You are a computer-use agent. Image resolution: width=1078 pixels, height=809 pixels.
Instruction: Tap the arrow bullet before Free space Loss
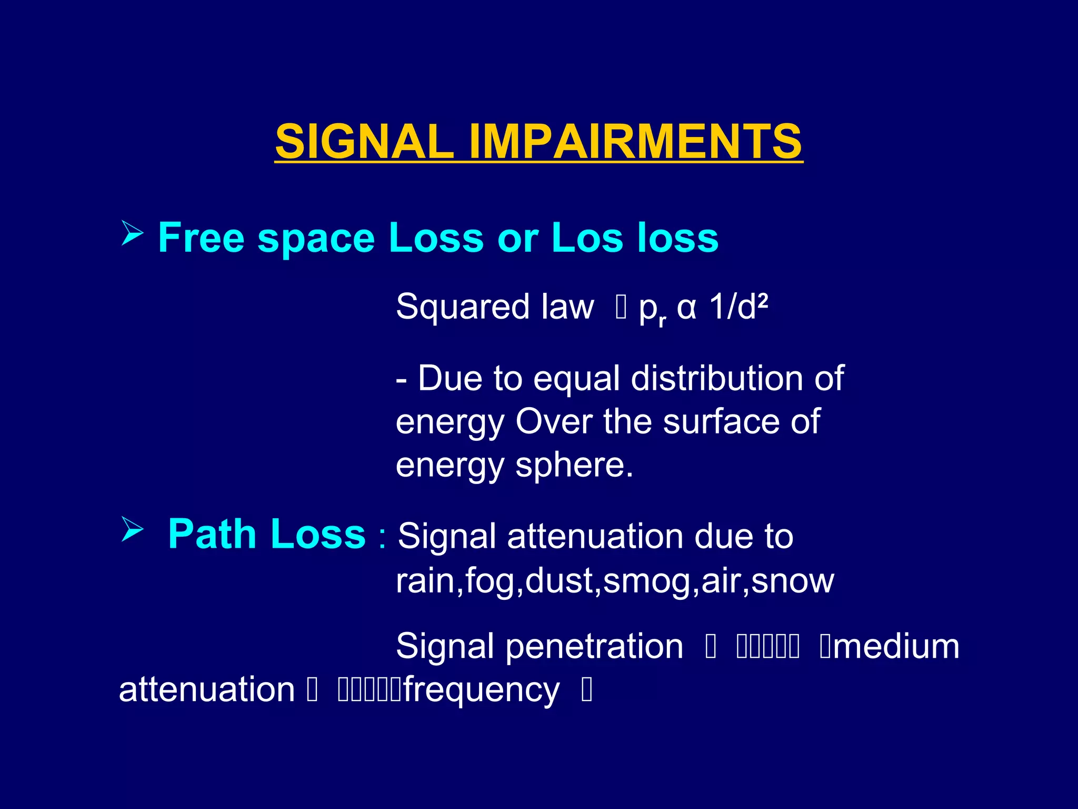coord(132,233)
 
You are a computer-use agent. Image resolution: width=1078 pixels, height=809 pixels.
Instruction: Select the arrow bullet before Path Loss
coord(132,529)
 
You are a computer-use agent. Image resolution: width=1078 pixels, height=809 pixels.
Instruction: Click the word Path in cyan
coord(212,534)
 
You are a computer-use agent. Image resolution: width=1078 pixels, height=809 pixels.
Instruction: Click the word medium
coord(896,646)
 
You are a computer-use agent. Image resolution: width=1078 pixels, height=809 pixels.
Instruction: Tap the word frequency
coord(481,690)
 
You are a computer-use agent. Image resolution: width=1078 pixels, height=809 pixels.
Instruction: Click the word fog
coord(490,582)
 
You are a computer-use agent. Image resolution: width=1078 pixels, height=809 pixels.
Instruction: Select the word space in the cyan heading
coord(316,238)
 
